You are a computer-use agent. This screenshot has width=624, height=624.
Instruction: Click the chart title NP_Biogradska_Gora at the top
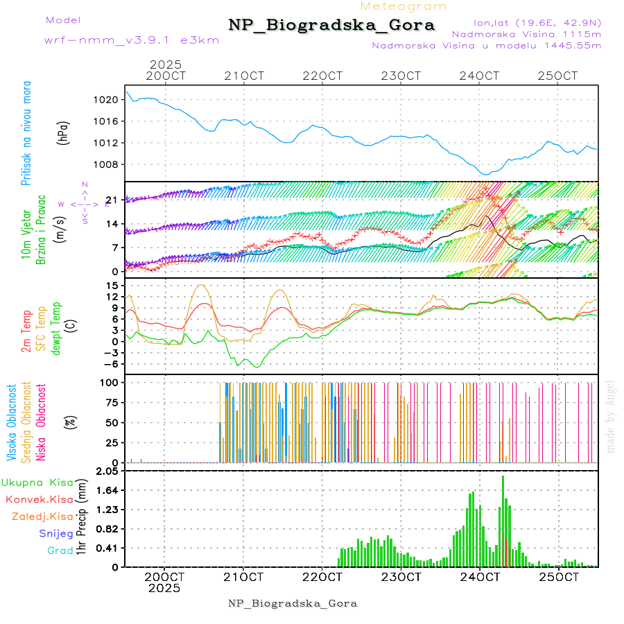(331, 26)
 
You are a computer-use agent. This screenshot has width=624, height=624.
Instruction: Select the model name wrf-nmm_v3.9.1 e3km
(132, 40)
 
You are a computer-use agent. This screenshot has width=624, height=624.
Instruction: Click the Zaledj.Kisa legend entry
(42, 517)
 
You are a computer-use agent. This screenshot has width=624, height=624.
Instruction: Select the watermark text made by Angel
(611, 416)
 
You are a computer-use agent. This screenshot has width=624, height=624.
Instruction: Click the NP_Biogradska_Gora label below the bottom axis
(293, 603)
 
